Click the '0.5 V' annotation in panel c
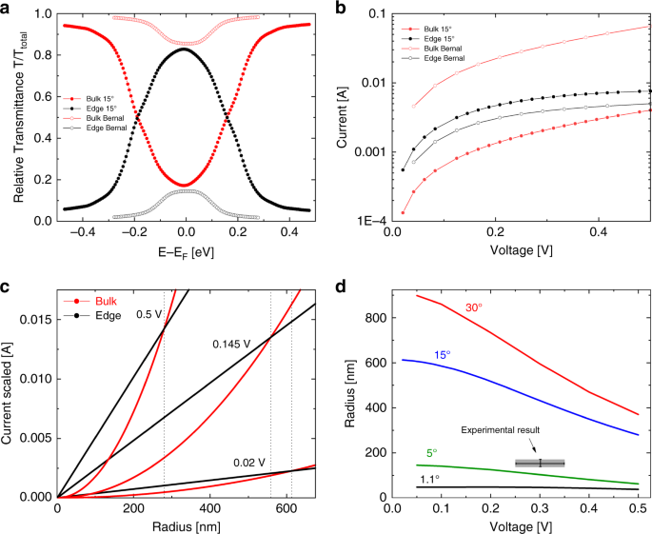point(149,315)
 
